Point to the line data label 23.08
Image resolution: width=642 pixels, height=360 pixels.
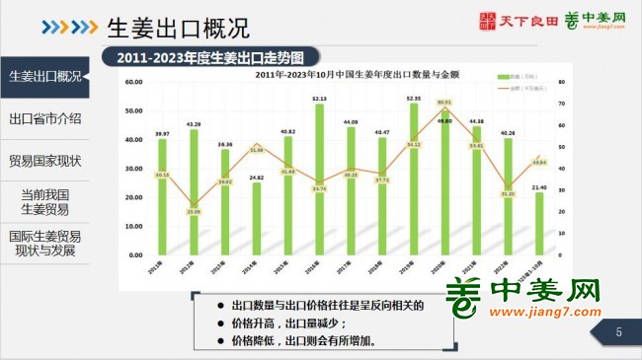point(194,211)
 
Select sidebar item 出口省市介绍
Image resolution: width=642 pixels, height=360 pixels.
point(44,118)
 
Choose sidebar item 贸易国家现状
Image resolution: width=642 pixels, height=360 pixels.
point(44,160)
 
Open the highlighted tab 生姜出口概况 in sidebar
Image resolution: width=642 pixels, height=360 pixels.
point(44,76)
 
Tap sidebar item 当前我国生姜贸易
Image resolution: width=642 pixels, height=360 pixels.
point(44,202)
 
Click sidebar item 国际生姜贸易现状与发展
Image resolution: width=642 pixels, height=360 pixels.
point(44,244)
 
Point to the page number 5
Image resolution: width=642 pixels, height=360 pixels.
point(618,332)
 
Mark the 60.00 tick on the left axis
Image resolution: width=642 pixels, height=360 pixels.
point(134,82)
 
